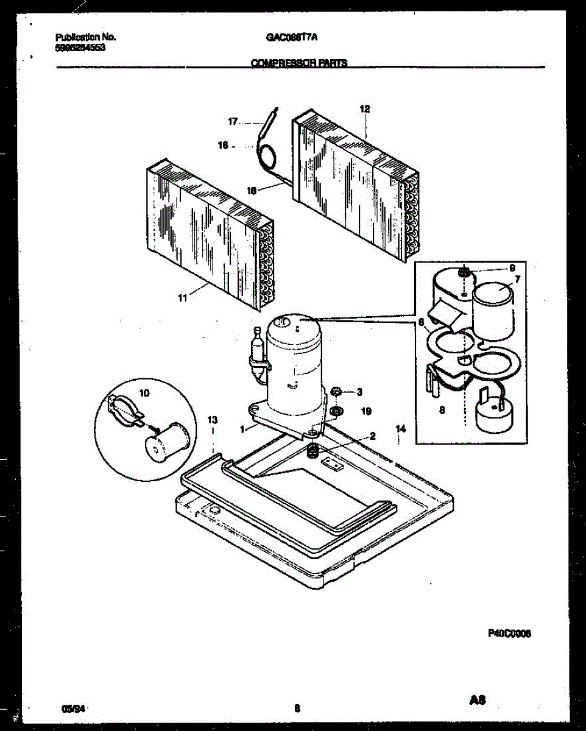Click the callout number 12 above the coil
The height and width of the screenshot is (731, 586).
tap(365, 110)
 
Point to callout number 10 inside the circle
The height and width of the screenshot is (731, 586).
tap(144, 394)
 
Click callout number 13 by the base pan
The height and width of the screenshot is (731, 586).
tap(213, 420)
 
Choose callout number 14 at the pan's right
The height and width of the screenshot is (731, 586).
tap(400, 429)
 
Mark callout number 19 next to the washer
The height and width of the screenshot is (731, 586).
tap(365, 412)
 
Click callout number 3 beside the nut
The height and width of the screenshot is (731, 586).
tap(359, 391)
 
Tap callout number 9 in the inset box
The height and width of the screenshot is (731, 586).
tap(512, 267)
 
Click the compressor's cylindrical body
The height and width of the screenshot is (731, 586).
tap(295, 365)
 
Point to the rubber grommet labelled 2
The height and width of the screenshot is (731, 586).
tap(312, 451)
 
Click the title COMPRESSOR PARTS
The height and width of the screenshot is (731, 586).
tap(299, 62)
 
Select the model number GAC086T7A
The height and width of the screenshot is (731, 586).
tap(292, 37)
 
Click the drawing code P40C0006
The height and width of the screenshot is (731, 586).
tap(509, 633)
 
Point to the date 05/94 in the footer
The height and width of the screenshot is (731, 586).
tap(72, 708)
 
